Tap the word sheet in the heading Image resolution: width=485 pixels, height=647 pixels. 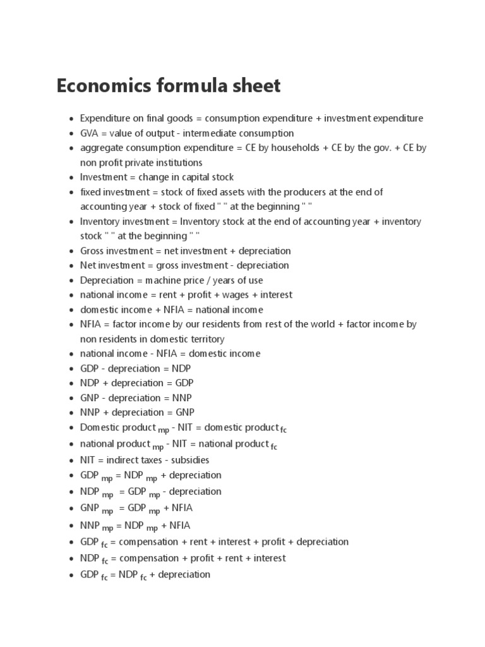click(x=255, y=85)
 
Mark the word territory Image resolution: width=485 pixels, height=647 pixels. click(x=201, y=339)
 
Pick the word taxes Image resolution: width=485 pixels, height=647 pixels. click(x=150, y=460)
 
